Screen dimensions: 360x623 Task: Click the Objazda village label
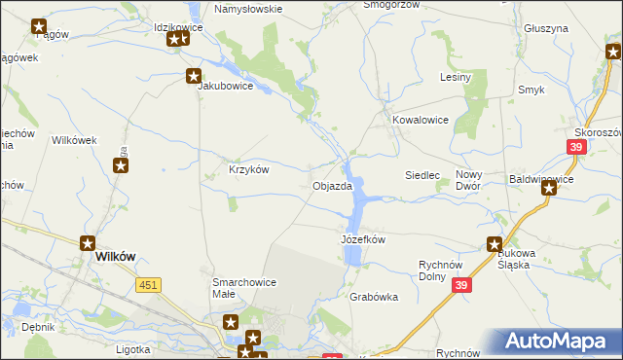pos(332,186)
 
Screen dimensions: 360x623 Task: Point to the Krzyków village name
pos(248,168)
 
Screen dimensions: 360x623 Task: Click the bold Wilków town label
pos(116,256)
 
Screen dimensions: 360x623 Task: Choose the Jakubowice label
pos(226,86)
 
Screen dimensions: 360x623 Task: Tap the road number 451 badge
pos(149,283)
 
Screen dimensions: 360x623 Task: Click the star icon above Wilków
pos(88,244)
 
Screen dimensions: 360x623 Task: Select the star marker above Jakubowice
pos(195,74)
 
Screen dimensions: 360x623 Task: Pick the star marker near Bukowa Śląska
pos(495,245)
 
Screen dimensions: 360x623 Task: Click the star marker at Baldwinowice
pos(549,189)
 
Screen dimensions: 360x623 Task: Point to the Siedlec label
pos(423,175)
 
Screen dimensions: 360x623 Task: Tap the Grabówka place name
pos(374,298)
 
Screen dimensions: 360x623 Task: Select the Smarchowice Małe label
pos(244,289)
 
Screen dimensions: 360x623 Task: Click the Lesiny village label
pos(456,77)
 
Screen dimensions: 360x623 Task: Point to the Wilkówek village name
pos(74,140)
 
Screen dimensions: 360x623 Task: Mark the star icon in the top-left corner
pos(39,27)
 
